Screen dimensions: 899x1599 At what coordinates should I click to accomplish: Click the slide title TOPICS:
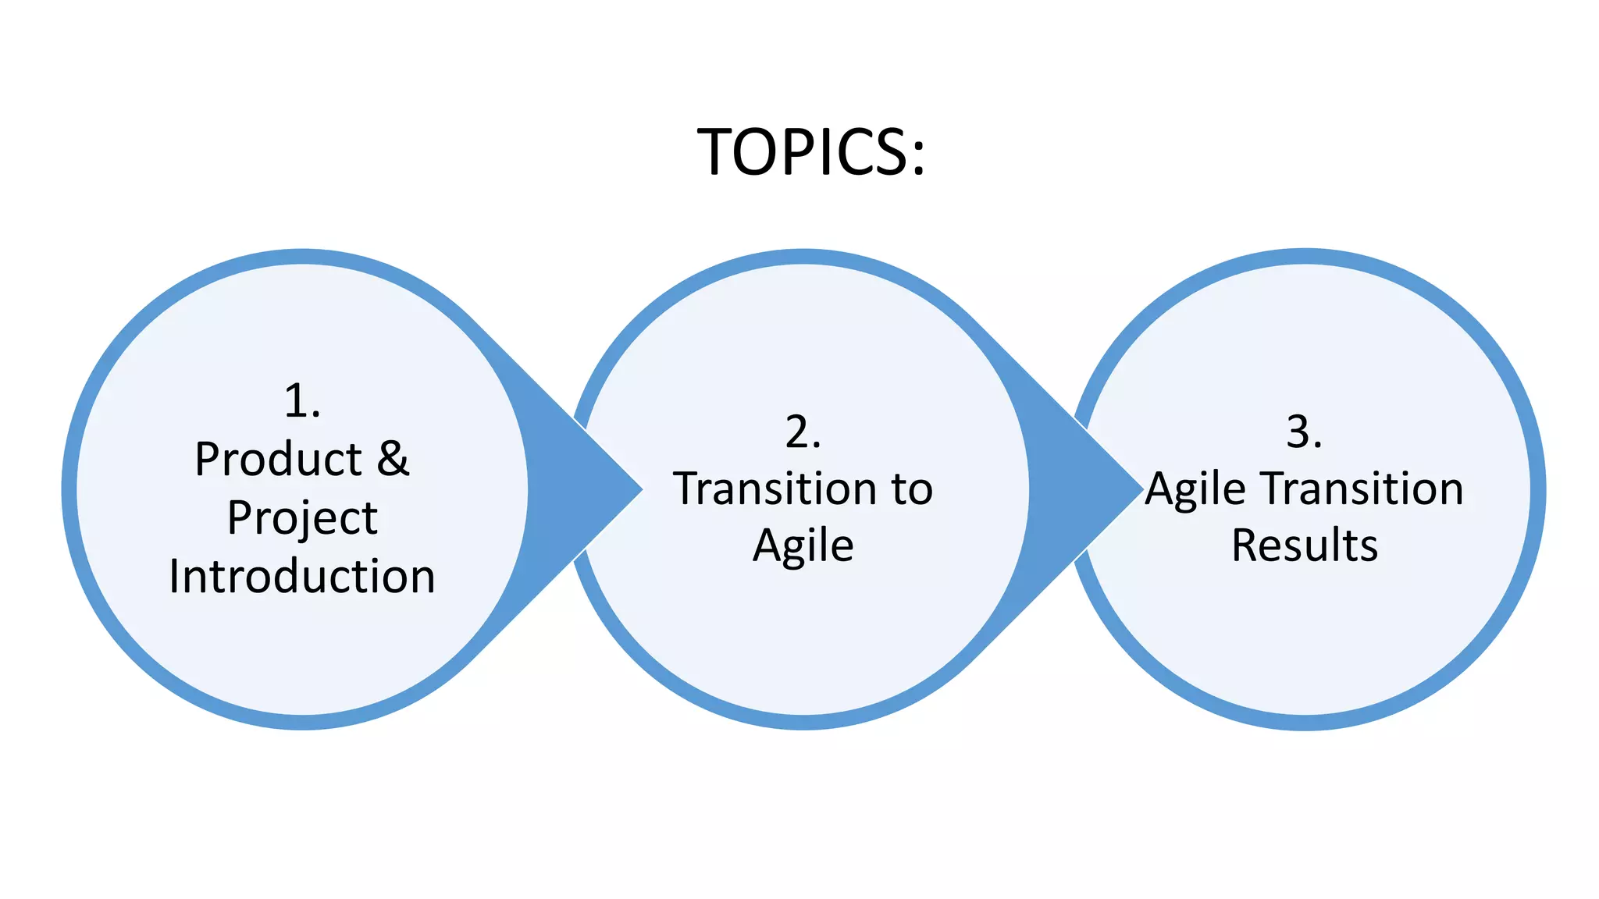[x=810, y=151]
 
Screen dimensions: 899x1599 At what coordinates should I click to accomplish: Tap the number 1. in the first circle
[x=302, y=401]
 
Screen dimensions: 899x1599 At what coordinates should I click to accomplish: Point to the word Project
[x=302, y=518]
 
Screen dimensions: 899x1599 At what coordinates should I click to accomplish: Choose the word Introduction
[x=302, y=577]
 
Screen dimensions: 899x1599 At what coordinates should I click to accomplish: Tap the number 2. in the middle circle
[x=803, y=432]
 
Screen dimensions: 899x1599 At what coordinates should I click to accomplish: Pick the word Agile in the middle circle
[x=803, y=545]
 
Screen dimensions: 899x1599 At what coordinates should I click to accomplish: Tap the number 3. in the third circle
[x=1305, y=432]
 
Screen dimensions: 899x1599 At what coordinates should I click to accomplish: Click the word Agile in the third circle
[x=1195, y=490]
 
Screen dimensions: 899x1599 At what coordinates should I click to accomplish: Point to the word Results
[x=1305, y=545]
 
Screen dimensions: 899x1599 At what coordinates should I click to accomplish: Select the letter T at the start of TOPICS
[x=716, y=151]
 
